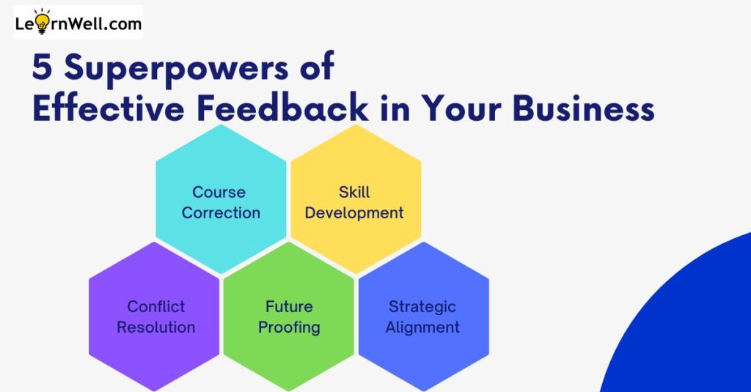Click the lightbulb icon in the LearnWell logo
pos(42,21)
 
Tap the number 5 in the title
pos(42,67)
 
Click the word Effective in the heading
pos(109,108)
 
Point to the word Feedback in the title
pos(282,108)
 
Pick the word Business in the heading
pos(583,108)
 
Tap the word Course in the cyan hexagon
pos(219,192)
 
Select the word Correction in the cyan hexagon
pos(221,212)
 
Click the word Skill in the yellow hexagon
pos(354,192)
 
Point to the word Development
pos(354,213)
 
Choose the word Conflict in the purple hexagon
pos(155,306)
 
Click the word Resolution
pos(155,327)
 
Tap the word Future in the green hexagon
pos(289,306)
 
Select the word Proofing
pos(289,328)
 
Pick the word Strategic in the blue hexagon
pos(422,307)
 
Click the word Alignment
pos(422,328)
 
